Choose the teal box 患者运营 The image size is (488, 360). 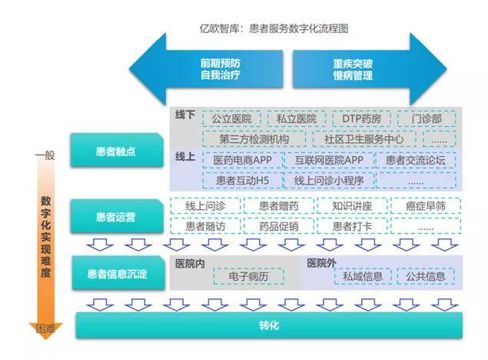pos(116,217)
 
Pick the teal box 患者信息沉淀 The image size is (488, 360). pos(116,273)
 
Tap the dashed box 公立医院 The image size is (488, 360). pos(233,119)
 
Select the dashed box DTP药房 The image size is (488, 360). pos(362,119)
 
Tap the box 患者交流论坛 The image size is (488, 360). pos(415,160)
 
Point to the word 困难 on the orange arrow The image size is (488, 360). pos(45,329)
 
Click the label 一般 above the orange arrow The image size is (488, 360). pos(45,156)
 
